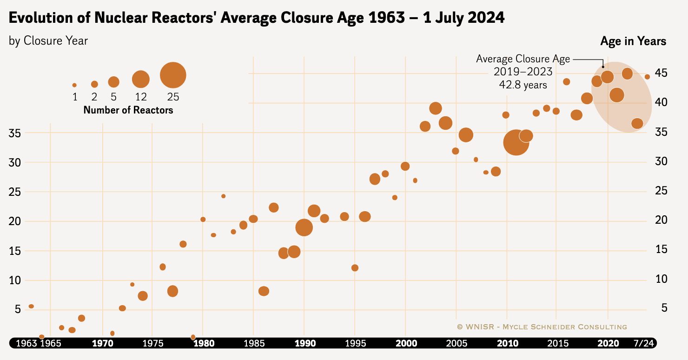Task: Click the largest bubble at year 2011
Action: click(516, 142)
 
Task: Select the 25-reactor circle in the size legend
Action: click(173, 75)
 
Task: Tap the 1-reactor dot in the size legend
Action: click(74, 85)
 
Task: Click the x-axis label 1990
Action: click(304, 343)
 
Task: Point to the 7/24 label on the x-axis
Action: click(644, 343)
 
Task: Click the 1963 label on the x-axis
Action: click(26, 343)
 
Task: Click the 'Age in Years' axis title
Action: click(633, 41)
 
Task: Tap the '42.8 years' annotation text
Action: click(523, 85)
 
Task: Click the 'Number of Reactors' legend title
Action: click(128, 110)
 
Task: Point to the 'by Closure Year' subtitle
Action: click(48, 41)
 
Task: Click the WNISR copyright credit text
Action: click(542, 327)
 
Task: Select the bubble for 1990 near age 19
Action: click(304, 227)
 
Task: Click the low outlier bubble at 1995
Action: click(355, 268)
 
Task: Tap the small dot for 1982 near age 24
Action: click(223, 196)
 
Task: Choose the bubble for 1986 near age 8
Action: click(264, 291)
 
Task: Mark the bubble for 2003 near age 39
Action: click(436, 108)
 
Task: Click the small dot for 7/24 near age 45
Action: click(647, 77)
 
